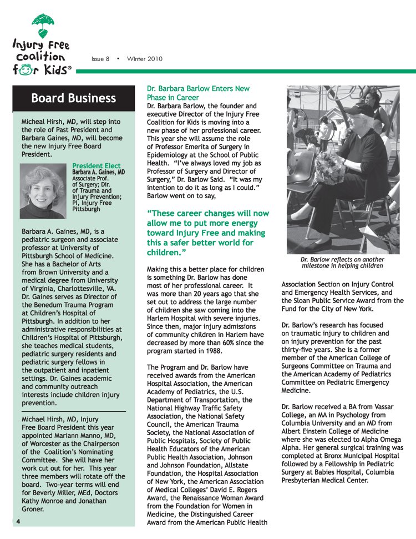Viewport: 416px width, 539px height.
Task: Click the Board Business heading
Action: point(74,99)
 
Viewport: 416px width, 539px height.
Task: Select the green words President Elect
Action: point(97,165)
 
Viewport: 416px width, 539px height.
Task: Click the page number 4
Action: point(18,521)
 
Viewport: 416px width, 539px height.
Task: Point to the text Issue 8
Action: point(100,59)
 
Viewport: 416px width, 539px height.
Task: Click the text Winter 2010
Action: point(145,59)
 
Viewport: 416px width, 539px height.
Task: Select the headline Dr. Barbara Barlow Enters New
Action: point(198,88)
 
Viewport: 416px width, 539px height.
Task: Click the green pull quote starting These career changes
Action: point(207,233)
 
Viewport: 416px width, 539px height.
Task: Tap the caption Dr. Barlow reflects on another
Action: point(342,259)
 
